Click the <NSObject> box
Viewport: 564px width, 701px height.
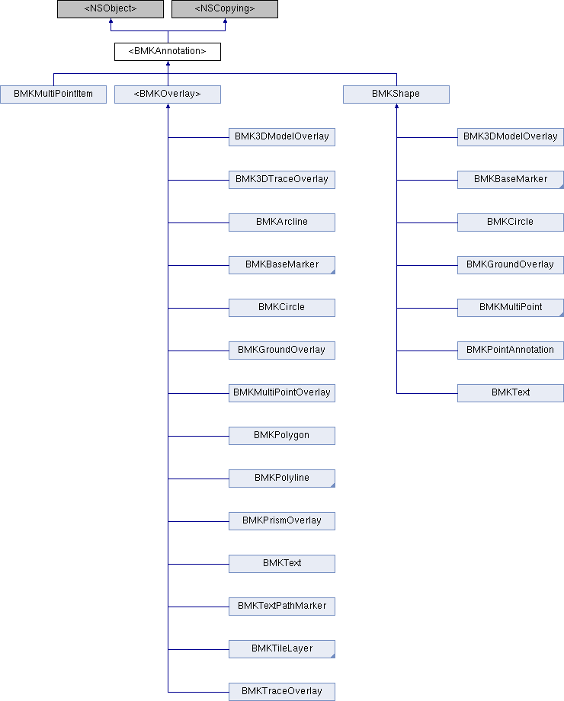click(x=111, y=9)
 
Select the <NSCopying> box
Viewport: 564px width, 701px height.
click(x=225, y=9)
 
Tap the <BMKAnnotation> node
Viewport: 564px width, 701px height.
click(x=167, y=51)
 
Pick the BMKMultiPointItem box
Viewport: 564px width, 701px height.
click(x=53, y=94)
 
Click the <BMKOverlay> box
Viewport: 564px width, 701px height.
click(x=167, y=94)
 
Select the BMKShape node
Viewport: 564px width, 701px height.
click(x=396, y=94)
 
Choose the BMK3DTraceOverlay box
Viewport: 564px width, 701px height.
click(x=282, y=180)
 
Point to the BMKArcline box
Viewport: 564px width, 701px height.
click(x=282, y=222)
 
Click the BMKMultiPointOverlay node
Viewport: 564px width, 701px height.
click(x=282, y=393)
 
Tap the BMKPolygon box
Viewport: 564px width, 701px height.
click(x=282, y=436)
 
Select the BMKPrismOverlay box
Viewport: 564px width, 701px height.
click(x=282, y=521)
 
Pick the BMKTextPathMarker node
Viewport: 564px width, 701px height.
click(x=282, y=607)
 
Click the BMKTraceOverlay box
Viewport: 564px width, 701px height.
click(x=282, y=692)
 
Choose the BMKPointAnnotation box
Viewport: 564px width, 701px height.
click(x=511, y=350)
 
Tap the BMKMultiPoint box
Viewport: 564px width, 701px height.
click(x=511, y=308)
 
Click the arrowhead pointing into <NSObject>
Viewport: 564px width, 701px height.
click(x=111, y=21)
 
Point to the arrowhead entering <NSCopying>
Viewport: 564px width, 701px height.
click(x=225, y=21)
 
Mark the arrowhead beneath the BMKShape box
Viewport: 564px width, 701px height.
click(x=396, y=106)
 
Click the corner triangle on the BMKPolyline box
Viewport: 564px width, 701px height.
click(x=333, y=485)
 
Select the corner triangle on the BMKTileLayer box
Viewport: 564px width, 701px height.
click(x=333, y=656)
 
